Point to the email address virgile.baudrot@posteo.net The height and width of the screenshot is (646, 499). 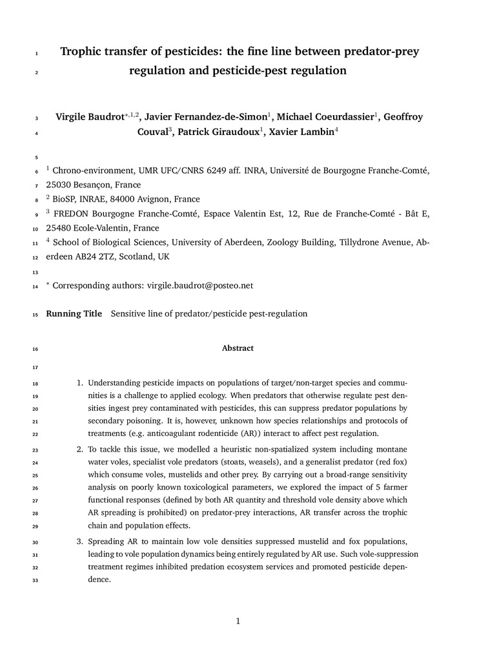pos(200,285)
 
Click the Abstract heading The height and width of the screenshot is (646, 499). pos(238,348)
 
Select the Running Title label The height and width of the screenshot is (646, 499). pos(74,314)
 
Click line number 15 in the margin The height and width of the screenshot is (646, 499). pos(34,315)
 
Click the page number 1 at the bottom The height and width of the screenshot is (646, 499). pos(238,621)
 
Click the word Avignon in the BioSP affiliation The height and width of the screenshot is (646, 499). pos(149,200)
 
